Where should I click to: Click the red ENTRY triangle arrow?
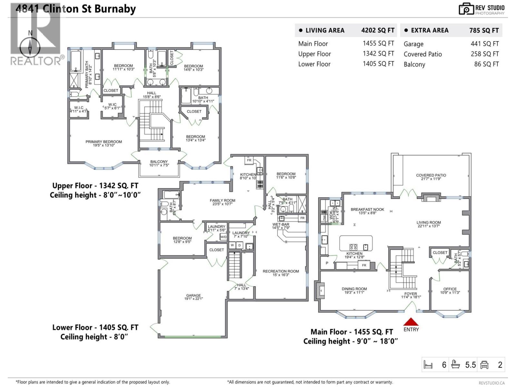pyautogui.click(x=411, y=322)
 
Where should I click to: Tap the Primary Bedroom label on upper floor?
pyautogui.click(x=104, y=142)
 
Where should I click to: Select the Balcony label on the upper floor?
pyautogui.click(x=159, y=162)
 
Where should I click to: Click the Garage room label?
pyautogui.click(x=193, y=295)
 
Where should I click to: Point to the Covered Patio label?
pyautogui.click(x=431, y=175)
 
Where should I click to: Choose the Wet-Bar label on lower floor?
pyautogui.click(x=281, y=224)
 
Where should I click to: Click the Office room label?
pyautogui.click(x=450, y=289)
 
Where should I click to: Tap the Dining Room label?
pyautogui.click(x=354, y=289)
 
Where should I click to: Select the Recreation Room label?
pyautogui.click(x=281, y=272)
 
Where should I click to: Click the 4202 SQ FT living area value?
pyautogui.click(x=378, y=30)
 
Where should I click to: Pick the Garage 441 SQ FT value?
pyautogui.click(x=484, y=44)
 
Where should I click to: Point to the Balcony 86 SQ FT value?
pyautogui.click(x=486, y=64)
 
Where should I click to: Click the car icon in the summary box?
pyautogui.click(x=484, y=365)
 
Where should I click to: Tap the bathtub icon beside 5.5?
pyautogui.click(x=455, y=365)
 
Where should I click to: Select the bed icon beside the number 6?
pyautogui.click(x=428, y=365)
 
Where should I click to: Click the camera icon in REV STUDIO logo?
pyautogui.click(x=466, y=9)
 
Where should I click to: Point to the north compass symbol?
pyautogui.click(x=30, y=47)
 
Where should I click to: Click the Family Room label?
pyautogui.click(x=222, y=201)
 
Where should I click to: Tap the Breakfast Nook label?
pyautogui.click(x=367, y=210)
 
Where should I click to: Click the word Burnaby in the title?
pyautogui.click(x=115, y=9)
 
